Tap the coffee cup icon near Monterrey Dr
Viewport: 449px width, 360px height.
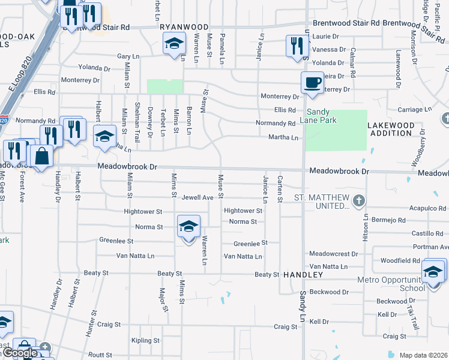pyautogui.click(x=312, y=83)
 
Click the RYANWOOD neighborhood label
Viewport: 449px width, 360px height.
pyautogui.click(x=184, y=27)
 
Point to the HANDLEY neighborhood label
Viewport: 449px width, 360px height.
pyautogui.click(x=303, y=274)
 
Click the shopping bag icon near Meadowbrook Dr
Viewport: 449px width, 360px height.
pyautogui.click(x=41, y=157)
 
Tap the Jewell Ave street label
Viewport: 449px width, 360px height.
pyautogui.click(x=198, y=197)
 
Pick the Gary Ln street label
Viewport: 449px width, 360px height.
pyautogui.click(x=128, y=56)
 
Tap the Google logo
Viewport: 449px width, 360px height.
pyautogui.click(x=19, y=353)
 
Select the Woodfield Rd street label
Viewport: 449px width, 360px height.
pyautogui.click(x=400, y=260)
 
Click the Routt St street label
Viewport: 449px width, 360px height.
pyautogui.click(x=100, y=355)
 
